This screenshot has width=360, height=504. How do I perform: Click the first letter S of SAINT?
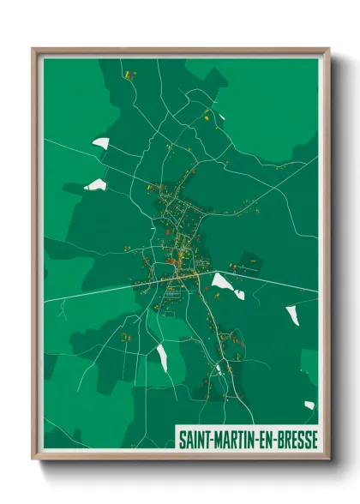coord(181,437)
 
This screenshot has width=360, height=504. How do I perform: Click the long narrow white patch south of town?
coord(162,357)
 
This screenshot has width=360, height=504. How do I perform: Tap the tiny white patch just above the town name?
coord(309,405)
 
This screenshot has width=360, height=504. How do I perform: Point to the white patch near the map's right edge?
coord(292,314)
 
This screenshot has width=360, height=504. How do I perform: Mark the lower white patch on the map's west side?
coord(95,185)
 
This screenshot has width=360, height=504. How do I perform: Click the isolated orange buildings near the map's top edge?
coord(130,75)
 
